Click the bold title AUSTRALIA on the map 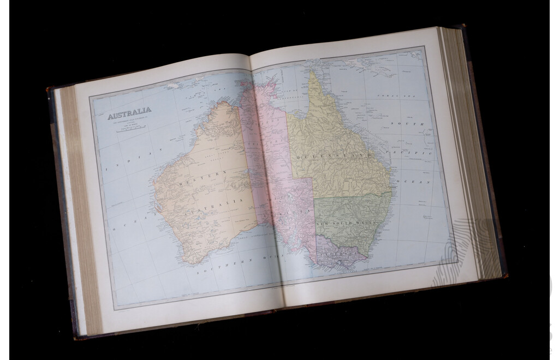[129, 116]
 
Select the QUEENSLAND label [334, 156]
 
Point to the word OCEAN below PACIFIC [413, 181]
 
